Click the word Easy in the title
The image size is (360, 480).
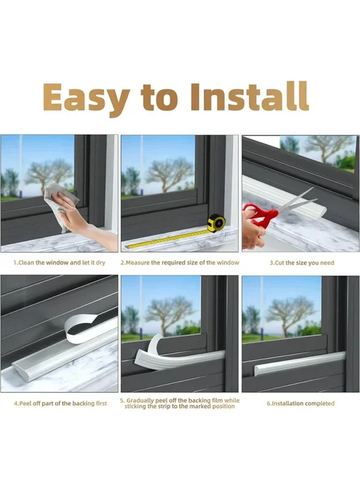pos(87,98)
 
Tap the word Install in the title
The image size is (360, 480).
pos(249,96)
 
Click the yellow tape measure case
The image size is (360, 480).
pos(217,223)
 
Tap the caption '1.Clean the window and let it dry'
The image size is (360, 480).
pos(59,262)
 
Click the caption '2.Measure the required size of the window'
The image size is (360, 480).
pos(180,262)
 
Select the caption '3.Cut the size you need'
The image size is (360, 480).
pos(302,262)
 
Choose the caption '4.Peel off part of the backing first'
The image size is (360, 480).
pos(60,403)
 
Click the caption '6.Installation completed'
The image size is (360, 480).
pos(300,403)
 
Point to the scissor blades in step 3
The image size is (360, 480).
pos(296,202)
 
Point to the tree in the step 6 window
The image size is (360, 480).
pos(290,318)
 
